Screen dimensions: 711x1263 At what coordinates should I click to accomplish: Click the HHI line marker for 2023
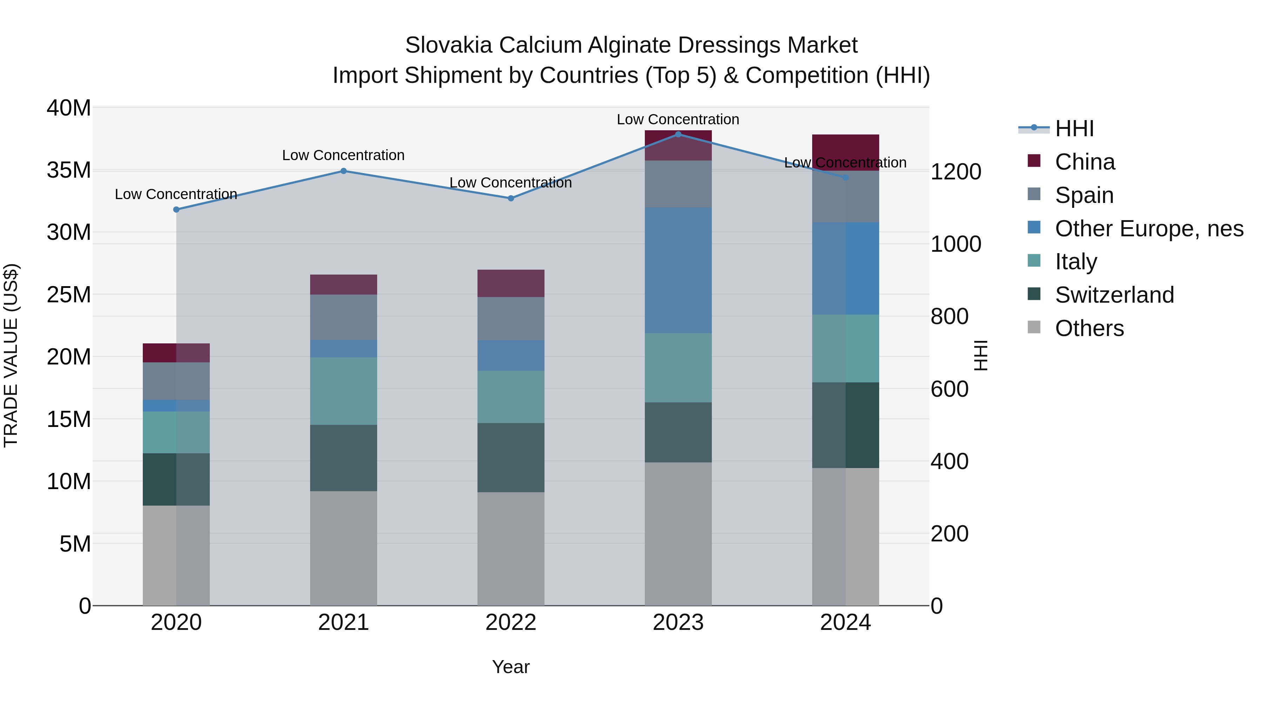pos(678,134)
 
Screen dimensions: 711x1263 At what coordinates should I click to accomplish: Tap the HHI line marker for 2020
pos(176,210)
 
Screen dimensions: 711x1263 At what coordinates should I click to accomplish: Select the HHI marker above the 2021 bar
pos(344,171)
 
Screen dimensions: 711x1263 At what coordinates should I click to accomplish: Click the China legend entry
pos(1084,162)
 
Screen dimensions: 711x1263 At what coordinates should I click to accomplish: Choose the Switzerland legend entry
pos(1114,295)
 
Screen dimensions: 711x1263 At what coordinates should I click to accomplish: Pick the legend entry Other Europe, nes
pos(1149,229)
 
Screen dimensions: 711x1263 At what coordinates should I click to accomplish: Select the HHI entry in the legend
pos(1074,129)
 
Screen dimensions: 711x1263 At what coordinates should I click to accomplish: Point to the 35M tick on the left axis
pos(69,170)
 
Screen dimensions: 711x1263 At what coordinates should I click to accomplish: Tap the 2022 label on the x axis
pos(511,623)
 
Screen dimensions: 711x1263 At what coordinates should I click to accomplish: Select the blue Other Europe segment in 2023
pos(678,270)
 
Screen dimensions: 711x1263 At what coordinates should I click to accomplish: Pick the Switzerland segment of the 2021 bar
pos(344,458)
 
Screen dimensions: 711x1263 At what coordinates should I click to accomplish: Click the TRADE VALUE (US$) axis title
pos(11,355)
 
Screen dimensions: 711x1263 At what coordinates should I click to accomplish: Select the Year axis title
pos(511,667)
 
